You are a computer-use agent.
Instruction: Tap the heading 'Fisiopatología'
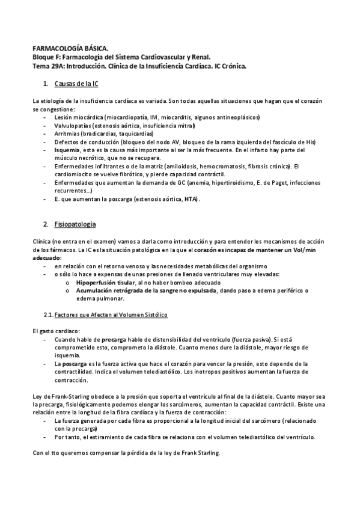point(75,224)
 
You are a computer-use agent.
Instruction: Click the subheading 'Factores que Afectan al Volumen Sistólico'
point(111,315)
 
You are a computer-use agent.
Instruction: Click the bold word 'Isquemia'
point(67,149)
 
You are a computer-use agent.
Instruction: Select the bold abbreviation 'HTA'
point(191,199)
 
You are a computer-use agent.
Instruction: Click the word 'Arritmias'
point(67,133)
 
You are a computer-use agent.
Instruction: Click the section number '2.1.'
point(47,315)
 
